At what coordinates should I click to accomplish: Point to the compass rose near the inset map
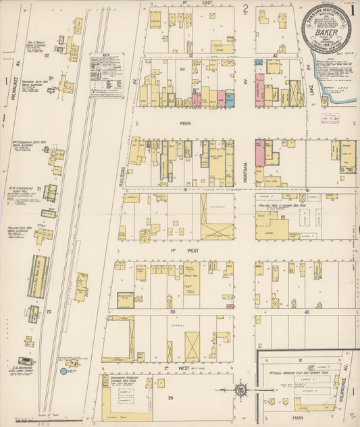click(241, 389)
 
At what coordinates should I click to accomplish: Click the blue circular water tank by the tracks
click(64, 371)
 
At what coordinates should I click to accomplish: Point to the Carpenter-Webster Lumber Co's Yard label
click(120, 381)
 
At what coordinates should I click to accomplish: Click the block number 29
click(171, 398)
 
